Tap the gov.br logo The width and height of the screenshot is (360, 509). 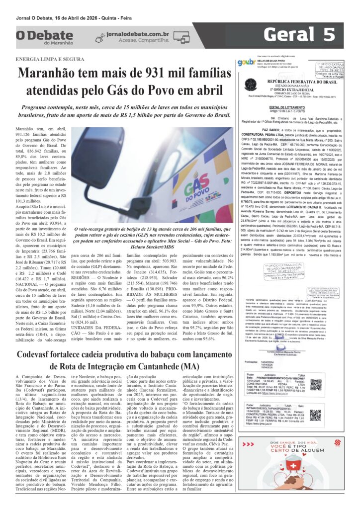(x=246, y=62)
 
